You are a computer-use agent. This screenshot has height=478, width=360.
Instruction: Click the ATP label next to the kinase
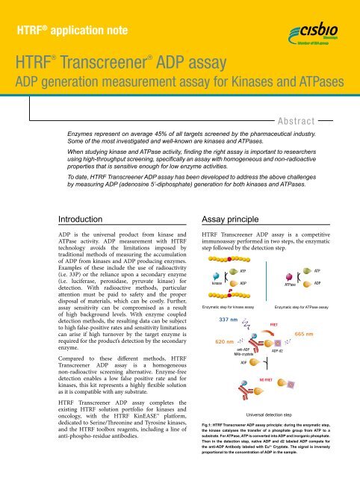(243, 270)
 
